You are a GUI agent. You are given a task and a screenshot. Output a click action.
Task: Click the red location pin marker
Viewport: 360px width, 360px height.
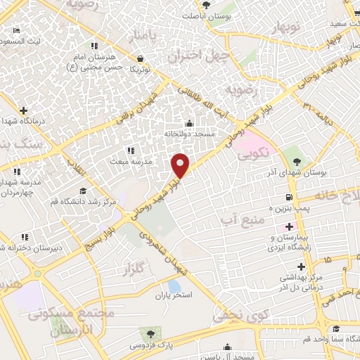tap(181, 165)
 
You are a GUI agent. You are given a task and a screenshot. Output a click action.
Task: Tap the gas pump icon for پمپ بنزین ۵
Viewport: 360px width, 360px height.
tap(288, 198)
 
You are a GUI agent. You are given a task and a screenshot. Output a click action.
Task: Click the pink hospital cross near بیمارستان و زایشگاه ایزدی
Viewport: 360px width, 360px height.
tap(288, 226)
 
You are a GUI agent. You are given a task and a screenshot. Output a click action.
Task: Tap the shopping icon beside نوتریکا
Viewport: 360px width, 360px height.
tap(141, 58)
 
